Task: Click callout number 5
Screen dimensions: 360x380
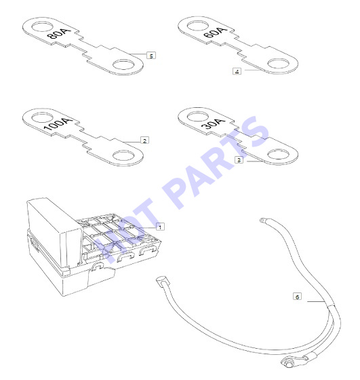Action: point(151,56)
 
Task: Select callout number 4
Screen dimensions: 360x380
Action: point(237,71)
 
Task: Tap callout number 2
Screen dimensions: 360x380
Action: point(145,141)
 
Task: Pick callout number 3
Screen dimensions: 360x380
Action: point(239,160)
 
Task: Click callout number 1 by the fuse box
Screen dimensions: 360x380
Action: point(160,227)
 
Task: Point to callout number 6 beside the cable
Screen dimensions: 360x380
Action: point(298,297)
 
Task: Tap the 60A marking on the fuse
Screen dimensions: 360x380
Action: point(215,33)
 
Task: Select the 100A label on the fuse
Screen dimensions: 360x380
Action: point(58,124)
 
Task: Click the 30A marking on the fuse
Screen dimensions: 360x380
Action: point(214,123)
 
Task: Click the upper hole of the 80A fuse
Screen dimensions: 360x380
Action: point(42,27)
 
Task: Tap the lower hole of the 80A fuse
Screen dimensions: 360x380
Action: point(123,65)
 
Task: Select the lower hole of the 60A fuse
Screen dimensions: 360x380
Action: point(279,64)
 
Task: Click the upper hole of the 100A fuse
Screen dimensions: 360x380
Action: point(42,118)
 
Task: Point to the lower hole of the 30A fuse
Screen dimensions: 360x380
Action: point(279,155)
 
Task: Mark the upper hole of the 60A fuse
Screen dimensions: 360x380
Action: point(198,26)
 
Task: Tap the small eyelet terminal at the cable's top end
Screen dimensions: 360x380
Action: point(264,221)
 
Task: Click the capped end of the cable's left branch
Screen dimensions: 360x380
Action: point(161,282)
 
